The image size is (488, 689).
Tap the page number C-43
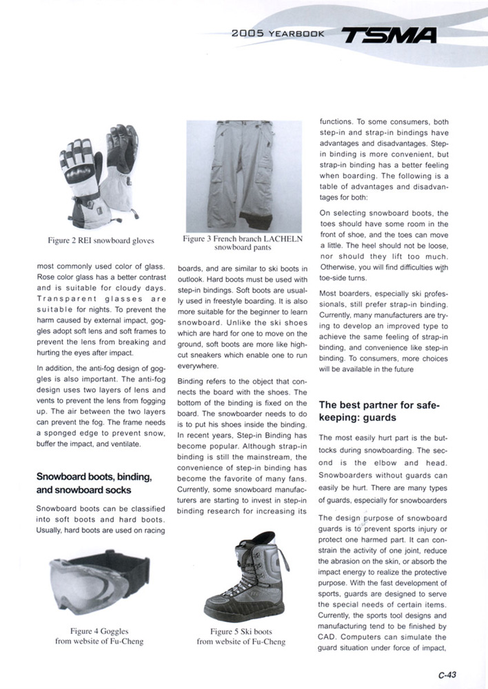click(447, 675)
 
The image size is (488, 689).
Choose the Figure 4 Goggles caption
click(99, 636)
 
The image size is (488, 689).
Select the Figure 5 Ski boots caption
click(241, 636)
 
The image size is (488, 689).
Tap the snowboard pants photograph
click(244, 176)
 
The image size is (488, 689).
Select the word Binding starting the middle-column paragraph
click(192, 380)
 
